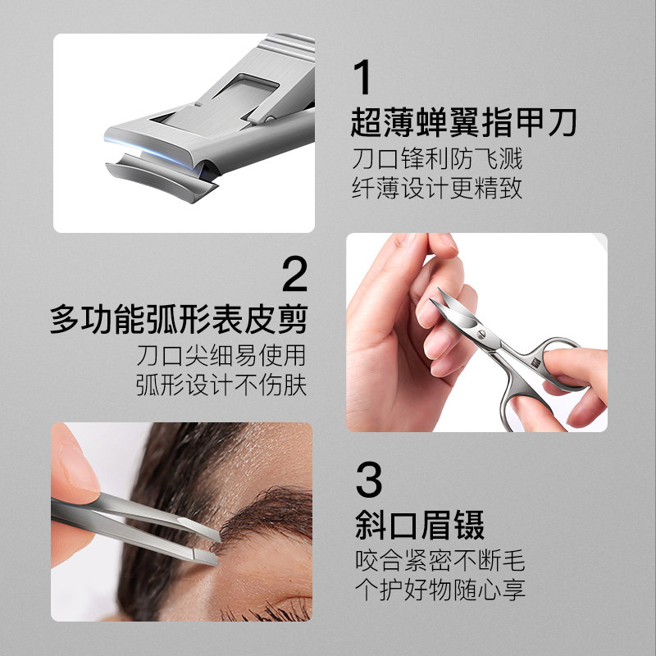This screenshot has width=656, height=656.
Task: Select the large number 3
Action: point(369,481)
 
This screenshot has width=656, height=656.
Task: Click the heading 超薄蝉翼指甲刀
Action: point(463,123)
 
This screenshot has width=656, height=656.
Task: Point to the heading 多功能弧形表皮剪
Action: point(179,319)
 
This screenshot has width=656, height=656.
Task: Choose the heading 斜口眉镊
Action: point(420,525)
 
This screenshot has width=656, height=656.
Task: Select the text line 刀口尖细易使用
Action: point(221,355)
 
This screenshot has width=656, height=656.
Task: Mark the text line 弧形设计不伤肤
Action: point(221,385)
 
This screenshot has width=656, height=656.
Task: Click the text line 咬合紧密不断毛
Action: point(440,561)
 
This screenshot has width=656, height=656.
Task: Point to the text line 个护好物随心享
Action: point(440,590)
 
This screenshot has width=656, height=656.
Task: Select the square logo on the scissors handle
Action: point(531,358)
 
